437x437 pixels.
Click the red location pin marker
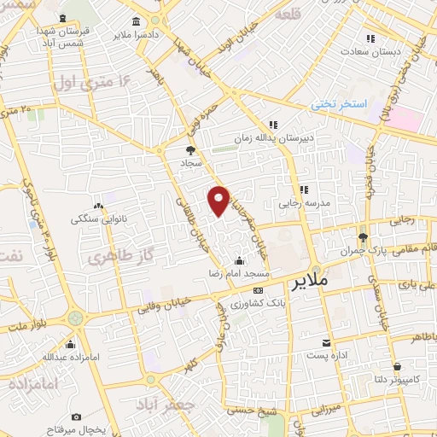point(219,199)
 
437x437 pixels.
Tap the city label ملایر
point(315,281)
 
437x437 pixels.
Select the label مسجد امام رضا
point(239,274)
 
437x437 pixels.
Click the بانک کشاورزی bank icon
point(259,291)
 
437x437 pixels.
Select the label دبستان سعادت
point(370,51)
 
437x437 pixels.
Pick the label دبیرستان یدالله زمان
point(274,137)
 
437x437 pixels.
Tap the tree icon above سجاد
point(189,149)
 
